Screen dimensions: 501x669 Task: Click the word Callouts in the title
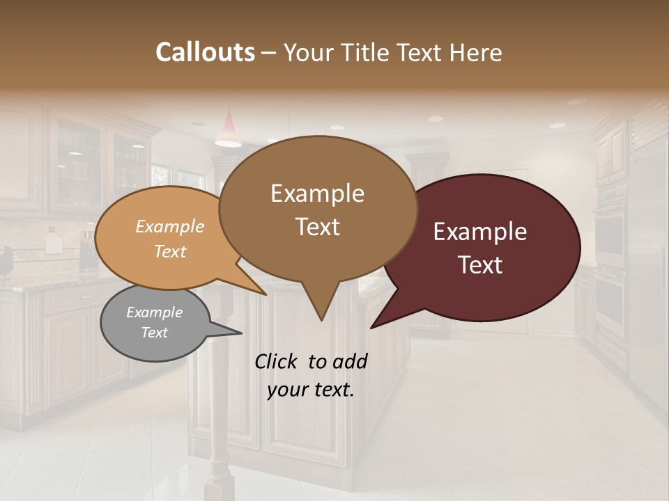click(205, 52)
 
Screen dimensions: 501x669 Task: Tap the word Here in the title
click(477, 52)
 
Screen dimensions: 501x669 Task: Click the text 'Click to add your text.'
click(311, 375)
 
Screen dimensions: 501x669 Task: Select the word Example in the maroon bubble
click(480, 232)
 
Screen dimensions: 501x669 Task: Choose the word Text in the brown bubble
click(318, 227)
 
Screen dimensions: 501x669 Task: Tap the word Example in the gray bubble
click(155, 312)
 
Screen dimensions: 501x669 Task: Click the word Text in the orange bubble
click(170, 251)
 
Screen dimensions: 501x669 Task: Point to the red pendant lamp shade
click(229, 132)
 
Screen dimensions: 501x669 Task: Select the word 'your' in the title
click(309, 52)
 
